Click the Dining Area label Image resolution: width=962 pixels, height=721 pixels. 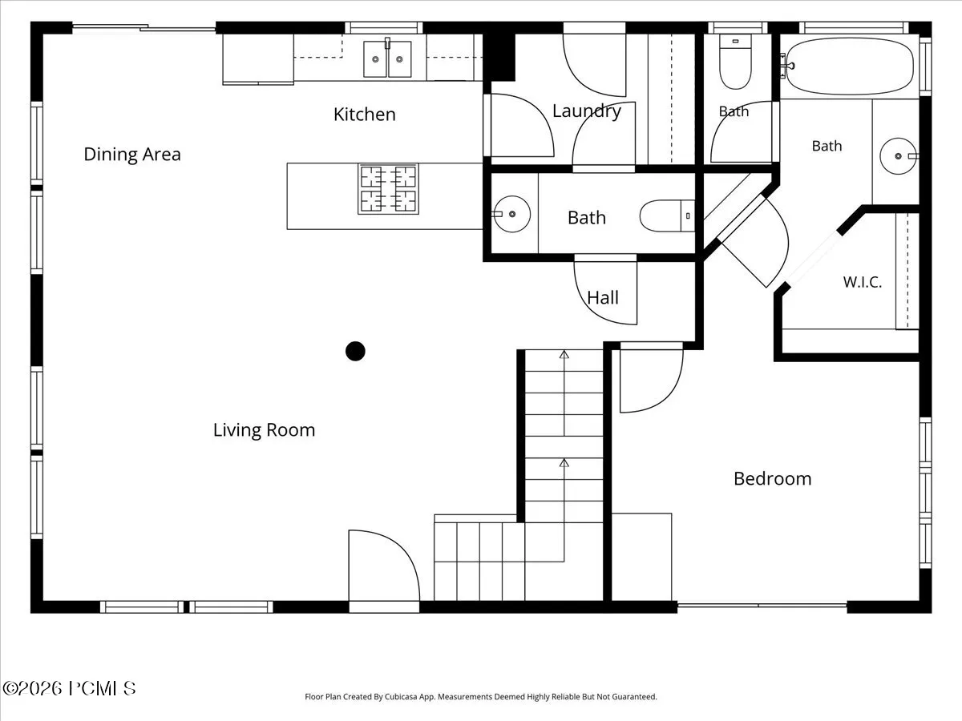click(x=132, y=154)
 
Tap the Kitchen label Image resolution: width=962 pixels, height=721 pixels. click(x=365, y=115)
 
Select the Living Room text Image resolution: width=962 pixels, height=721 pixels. click(x=265, y=430)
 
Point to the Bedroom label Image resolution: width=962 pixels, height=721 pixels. click(x=773, y=478)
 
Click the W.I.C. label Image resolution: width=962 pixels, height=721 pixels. click(x=863, y=282)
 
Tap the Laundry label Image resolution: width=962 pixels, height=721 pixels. click(x=587, y=111)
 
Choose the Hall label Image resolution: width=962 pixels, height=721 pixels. click(x=603, y=298)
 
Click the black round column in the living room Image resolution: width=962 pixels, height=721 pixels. click(x=355, y=351)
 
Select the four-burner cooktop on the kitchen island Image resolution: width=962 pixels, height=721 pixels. click(x=388, y=189)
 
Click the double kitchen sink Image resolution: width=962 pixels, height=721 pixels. click(x=387, y=59)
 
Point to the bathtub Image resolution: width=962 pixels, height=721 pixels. click(x=850, y=66)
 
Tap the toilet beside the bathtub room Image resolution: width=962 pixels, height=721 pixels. click(x=735, y=62)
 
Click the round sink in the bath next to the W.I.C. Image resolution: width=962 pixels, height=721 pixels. click(x=898, y=156)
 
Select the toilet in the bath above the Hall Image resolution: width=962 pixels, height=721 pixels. click(x=667, y=215)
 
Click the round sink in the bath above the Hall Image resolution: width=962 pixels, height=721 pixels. click(x=512, y=214)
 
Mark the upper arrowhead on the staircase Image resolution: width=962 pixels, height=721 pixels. click(x=564, y=355)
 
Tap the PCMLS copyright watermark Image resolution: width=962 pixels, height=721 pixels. click(x=69, y=689)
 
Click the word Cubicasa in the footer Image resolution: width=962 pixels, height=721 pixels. click(x=401, y=696)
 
